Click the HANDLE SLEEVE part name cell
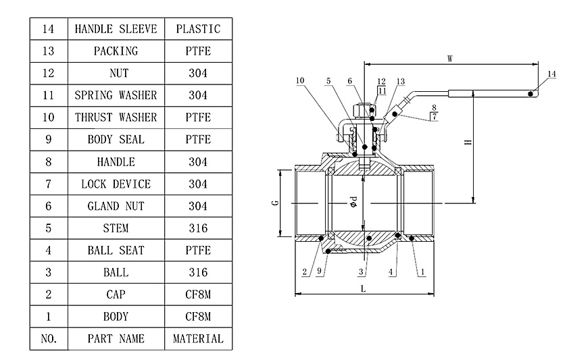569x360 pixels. click(x=116, y=29)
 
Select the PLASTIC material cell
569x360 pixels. click(x=198, y=29)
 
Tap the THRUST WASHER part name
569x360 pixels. click(x=116, y=118)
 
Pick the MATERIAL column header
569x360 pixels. click(x=198, y=338)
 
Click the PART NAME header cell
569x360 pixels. click(x=116, y=338)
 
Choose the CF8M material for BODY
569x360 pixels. click(x=198, y=316)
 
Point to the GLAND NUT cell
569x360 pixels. click(x=116, y=206)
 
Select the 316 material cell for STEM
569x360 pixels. click(x=198, y=228)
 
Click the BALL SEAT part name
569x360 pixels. click(x=116, y=251)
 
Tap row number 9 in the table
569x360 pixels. click(x=49, y=140)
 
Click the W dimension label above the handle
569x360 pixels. click(x=450, y=59)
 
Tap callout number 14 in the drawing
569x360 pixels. click(x=551, y=74)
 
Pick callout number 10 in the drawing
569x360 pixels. click(x=299, y=81)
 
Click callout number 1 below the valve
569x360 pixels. click(x=422, y=272)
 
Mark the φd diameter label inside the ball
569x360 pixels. click(x=353, y=203)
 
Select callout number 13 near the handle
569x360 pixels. click(x=400, y=81)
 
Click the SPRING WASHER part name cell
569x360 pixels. click(x=116, y=95)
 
